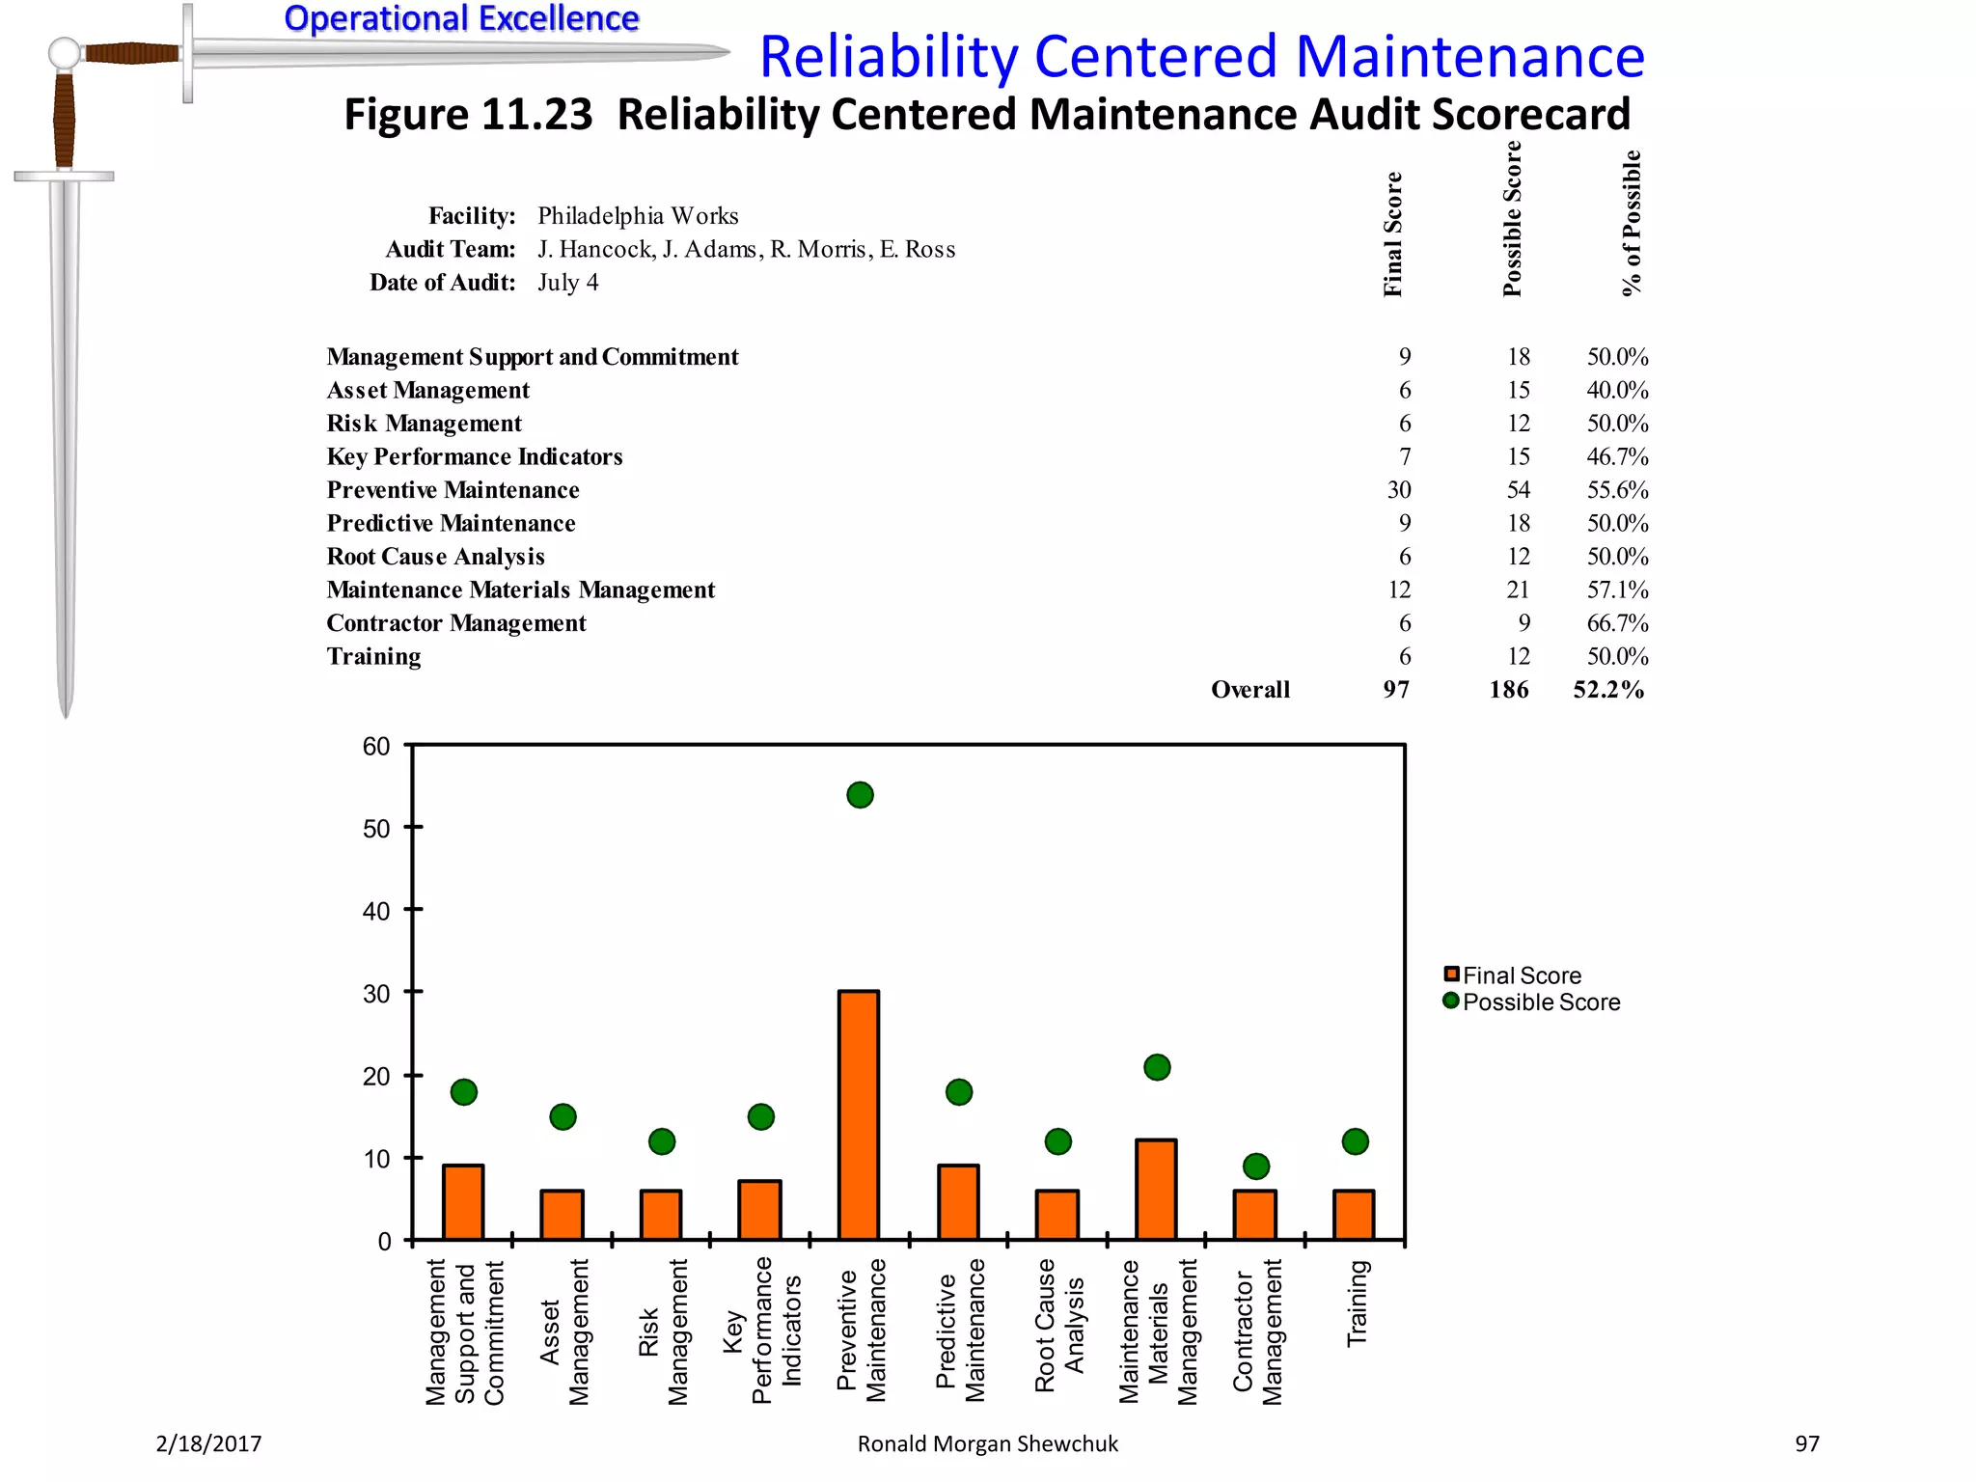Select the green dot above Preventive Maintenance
click(860, 795)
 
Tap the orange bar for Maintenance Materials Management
click(1156, 1190)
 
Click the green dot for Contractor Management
click(1255, 1166)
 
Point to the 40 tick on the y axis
click(376, 911)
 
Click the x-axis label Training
click(1357, 1303)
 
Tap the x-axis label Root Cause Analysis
click(1059, 1324)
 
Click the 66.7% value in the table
click(1617, 623)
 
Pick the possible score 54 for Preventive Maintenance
click(1518, 490)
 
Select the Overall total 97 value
click(1395, 690)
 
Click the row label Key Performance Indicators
click(475, 457)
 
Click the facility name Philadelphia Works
click(638, 216)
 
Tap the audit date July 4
click(567, 283)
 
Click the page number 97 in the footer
click(1806, 1443)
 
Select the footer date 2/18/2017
click(208, 1443)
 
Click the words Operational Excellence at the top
click(461, 18)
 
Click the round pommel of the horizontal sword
click(64, 53)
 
